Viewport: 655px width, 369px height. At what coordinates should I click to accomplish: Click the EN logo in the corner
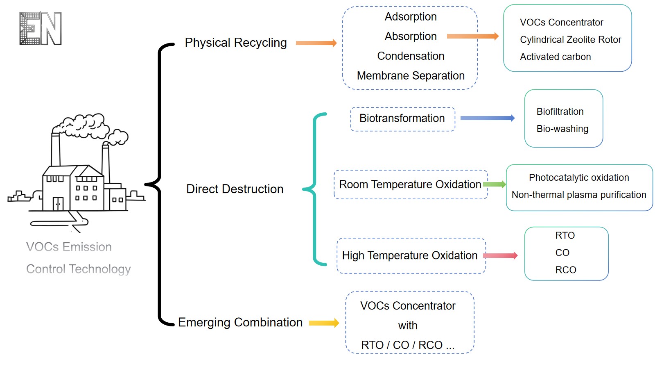pos(41,28)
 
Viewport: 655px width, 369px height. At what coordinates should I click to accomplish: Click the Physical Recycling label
pos(235,43)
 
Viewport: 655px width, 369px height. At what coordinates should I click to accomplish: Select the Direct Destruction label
pos(235,189)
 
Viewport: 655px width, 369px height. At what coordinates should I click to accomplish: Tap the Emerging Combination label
pos(240,322)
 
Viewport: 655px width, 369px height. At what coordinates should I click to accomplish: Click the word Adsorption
pos(411,17)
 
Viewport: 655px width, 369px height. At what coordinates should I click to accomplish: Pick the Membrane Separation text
pos(411,76)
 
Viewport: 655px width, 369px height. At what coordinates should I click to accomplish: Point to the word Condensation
pos(411,56)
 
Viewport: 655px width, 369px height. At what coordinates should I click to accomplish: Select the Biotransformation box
pos(402,119)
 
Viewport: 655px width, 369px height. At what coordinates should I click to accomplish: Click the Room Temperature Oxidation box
pos(410,184)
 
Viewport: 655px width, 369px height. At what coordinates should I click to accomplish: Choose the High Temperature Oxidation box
pos(410,255)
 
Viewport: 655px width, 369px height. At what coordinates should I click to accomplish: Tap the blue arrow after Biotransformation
pos(487,118)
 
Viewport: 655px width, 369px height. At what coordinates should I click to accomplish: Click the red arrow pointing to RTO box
pos(500,256)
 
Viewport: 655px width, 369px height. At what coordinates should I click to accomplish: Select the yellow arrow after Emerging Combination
pos(324,323)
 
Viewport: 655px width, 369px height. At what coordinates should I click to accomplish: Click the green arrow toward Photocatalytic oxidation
pos(495,184)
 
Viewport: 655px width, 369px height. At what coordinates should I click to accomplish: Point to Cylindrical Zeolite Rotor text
pos(570,40)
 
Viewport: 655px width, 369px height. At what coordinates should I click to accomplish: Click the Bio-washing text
pos(562,129)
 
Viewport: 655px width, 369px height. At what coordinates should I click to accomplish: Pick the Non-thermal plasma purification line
pos(579,195)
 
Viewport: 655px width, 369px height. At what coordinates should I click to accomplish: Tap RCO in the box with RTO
pos(565,270)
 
